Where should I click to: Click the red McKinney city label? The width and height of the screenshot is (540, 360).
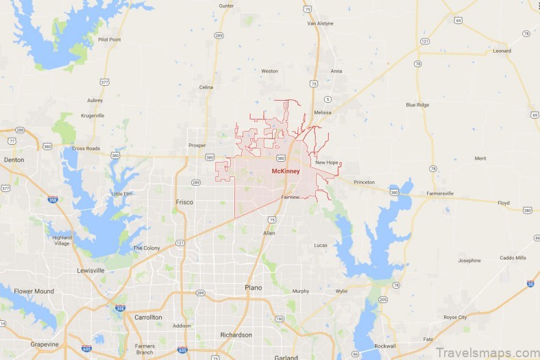point(286,171)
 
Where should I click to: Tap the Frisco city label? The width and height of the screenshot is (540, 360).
point(184,202)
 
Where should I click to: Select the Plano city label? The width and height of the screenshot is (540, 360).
point(254,287)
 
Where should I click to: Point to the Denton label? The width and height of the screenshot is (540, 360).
point(14,160)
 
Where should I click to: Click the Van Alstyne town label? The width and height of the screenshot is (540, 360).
point(320,23)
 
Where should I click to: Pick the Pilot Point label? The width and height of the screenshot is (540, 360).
point(110,40)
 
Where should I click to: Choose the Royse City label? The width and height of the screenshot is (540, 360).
point(455,317)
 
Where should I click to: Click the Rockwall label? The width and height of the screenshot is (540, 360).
point(385,346)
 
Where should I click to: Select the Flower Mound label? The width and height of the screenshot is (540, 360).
point(34,291)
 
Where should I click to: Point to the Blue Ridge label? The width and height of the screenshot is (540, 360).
point(417,105)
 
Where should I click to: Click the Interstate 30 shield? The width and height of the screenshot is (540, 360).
point(530,284)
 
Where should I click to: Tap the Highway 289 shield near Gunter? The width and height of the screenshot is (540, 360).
point(218,34)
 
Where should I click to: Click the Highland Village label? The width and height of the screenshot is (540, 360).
point(62,241)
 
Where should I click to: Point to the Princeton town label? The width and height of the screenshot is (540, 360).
point(364,182)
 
